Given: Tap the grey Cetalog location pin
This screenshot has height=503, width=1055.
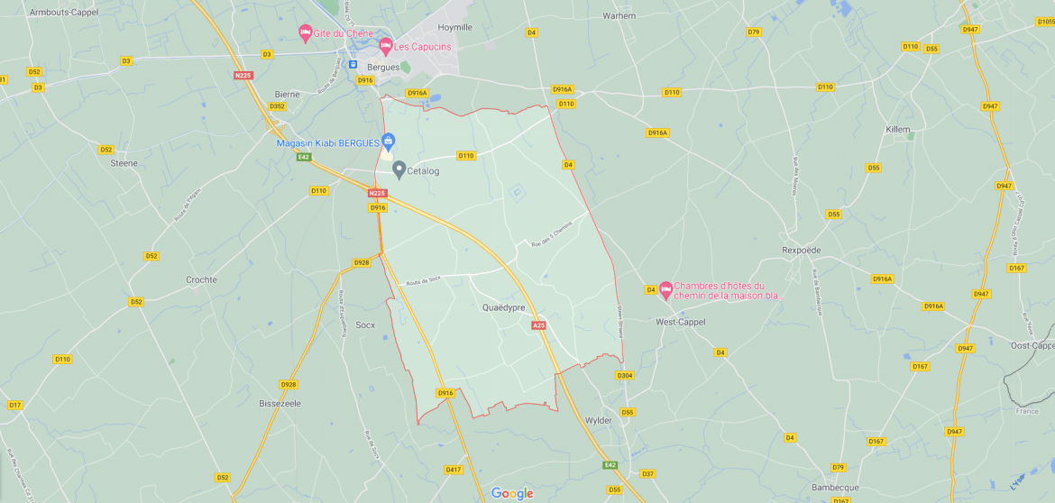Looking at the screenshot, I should [399, 169].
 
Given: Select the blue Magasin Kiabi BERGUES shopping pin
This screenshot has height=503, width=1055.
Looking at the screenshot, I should [389, 141].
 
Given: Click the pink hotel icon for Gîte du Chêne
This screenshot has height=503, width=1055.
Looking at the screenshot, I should [306, 32].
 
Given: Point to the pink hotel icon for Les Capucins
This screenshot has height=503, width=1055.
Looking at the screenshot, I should [386, 45].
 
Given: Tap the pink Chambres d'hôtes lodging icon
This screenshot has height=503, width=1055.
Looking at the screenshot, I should [666, 289].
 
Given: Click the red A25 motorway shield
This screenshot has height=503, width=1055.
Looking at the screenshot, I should [539, 325].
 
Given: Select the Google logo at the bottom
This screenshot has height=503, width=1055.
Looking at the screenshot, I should [512, 493].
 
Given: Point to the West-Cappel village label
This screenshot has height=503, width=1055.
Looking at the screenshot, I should [680, 321].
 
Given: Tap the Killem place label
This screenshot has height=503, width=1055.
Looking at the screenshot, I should [897, 130].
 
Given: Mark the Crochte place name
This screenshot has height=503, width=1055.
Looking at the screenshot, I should [201, 279].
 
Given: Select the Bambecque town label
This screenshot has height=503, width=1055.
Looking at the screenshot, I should [834, 487].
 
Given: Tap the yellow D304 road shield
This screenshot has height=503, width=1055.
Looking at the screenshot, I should [625, 375].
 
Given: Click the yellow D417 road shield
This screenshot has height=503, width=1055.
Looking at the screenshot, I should [453, 470].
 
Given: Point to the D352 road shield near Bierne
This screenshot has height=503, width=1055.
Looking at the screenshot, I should [277, 106].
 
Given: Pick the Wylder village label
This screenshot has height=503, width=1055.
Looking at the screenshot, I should [598, 420].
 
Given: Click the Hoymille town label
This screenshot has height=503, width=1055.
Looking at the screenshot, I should [454, 27].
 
